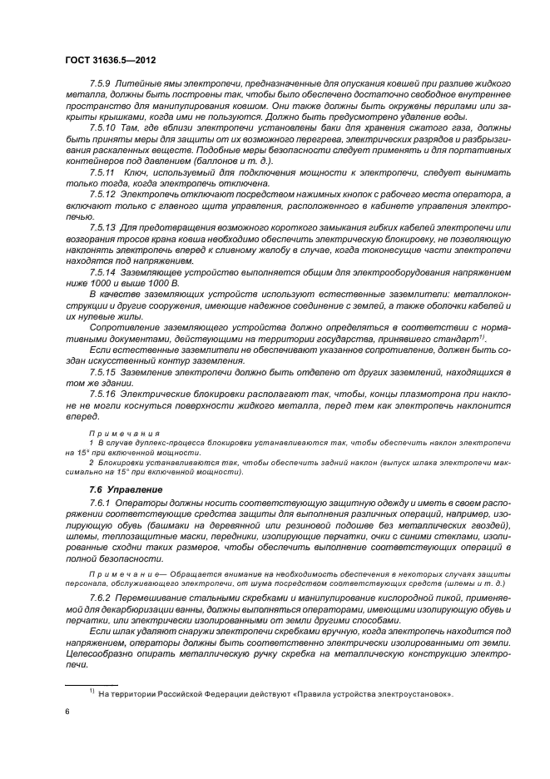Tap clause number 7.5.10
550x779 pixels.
pyautogui.click(x=104, y=127)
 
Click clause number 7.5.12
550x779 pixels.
pyautogui.click(x=104, y=192)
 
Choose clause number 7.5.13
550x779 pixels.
pyautogui.click(x=104, y=226)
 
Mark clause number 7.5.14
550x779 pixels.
pyautogui.click(x=104, y=270)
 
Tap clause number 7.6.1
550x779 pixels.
pyautogui.click(x=102, y=505)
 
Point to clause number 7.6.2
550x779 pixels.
pyautogui.click(x=102, y=598)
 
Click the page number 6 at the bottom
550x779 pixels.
pyautogui.click(x=67, y=712)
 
